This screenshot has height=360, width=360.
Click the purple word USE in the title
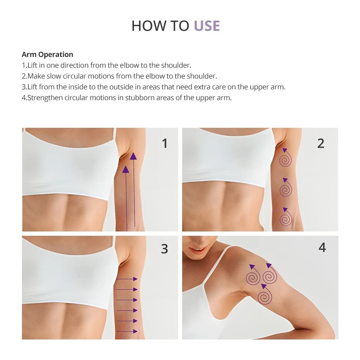[x=207, y=26]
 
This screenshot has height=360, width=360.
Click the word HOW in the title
[x=148, y=26]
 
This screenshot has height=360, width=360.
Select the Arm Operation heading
[x=48, y=55]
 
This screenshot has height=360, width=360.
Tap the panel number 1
[x=165, y=144]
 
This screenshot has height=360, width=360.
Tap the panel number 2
[x=321, y=144]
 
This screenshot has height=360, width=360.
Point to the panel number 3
[x=165, y=249]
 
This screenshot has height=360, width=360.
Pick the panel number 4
[x=322, y=248]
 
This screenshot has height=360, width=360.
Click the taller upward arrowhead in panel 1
[x=133, y=156]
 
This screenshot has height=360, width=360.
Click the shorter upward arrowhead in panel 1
[x=126, y=170]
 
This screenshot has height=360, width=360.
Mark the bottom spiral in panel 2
[x=285, y=217]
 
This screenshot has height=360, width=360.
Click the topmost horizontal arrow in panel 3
[x=127, y=279]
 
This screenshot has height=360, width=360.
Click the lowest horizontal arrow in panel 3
[x=127, y=331]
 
